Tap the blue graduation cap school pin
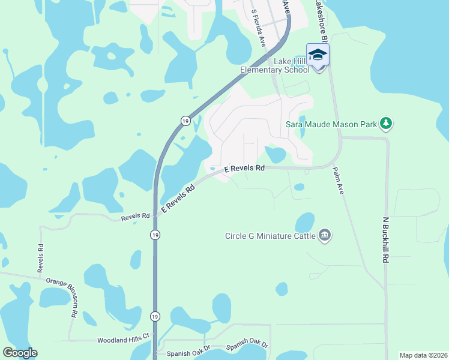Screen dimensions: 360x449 click(318, 56)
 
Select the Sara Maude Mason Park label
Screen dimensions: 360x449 click(331, 125)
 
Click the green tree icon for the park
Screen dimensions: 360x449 click(386, 124)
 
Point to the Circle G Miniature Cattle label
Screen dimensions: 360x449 click(270, 235)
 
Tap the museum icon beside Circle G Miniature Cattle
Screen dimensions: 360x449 click(324, 235)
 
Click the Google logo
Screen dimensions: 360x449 click(20, 353)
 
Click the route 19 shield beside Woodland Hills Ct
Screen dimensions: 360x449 click(155, 316)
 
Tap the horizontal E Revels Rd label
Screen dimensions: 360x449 click(244, 169)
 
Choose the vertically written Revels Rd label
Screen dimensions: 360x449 click(41, 259)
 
